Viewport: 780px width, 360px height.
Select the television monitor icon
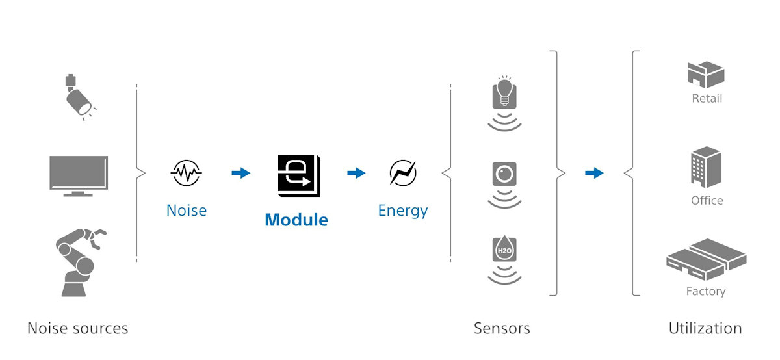click(79, 175)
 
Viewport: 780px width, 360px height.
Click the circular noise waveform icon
click(186, 173)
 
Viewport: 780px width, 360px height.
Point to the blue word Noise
click(186, 210)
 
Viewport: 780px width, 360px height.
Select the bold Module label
click(296, 220)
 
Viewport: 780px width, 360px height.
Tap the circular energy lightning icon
click(403, 173)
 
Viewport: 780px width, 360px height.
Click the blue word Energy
click(403, 210)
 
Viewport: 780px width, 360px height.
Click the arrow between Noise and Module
click(241, 173)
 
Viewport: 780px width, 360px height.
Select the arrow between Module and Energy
click(356, 173)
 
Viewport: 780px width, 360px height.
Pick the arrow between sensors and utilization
click(594, 173)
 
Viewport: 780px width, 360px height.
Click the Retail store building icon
click(706, 75)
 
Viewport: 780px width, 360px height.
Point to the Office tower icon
click(706, 167)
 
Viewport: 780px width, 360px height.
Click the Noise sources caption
click(78, 328)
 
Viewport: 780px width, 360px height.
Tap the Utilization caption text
click(705, 328)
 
